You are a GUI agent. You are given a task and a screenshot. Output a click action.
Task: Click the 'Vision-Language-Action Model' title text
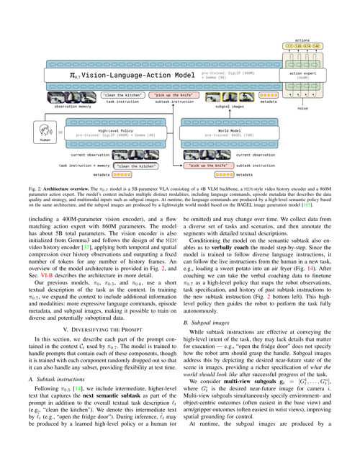[x=134, y=75]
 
